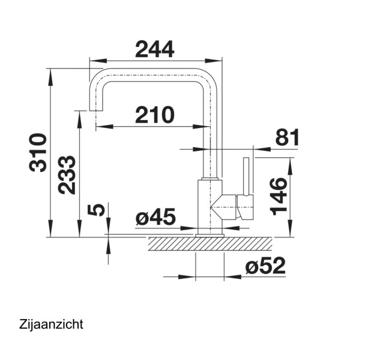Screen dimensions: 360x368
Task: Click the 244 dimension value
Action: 155,49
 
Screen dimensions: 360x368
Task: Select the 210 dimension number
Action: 154,114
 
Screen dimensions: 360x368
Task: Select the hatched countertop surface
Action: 210,243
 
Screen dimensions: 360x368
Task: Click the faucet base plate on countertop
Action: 210,234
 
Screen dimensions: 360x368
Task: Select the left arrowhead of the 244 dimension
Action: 93,60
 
